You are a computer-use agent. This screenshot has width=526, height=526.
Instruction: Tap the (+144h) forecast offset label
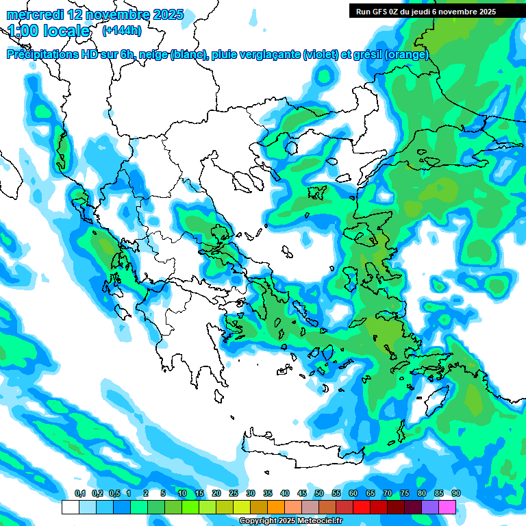(122, 30)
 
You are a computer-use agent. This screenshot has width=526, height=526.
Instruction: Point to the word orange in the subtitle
(407, 55)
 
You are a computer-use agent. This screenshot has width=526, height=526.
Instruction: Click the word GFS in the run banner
(380, 11)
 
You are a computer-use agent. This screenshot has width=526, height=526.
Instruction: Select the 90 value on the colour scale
(455, 493)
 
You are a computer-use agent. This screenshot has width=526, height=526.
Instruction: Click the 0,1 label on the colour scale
(79, 493)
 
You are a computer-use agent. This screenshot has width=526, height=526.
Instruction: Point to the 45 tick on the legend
(301, 493)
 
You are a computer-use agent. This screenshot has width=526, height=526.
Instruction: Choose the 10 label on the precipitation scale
(181, 493)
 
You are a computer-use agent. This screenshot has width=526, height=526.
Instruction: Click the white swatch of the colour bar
(70, 507)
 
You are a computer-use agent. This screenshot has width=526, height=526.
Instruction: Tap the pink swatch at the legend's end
(447, 507)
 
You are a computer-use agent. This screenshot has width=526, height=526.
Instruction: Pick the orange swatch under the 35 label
(276, 507)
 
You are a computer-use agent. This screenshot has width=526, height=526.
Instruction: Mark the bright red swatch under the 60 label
(362, 507)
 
